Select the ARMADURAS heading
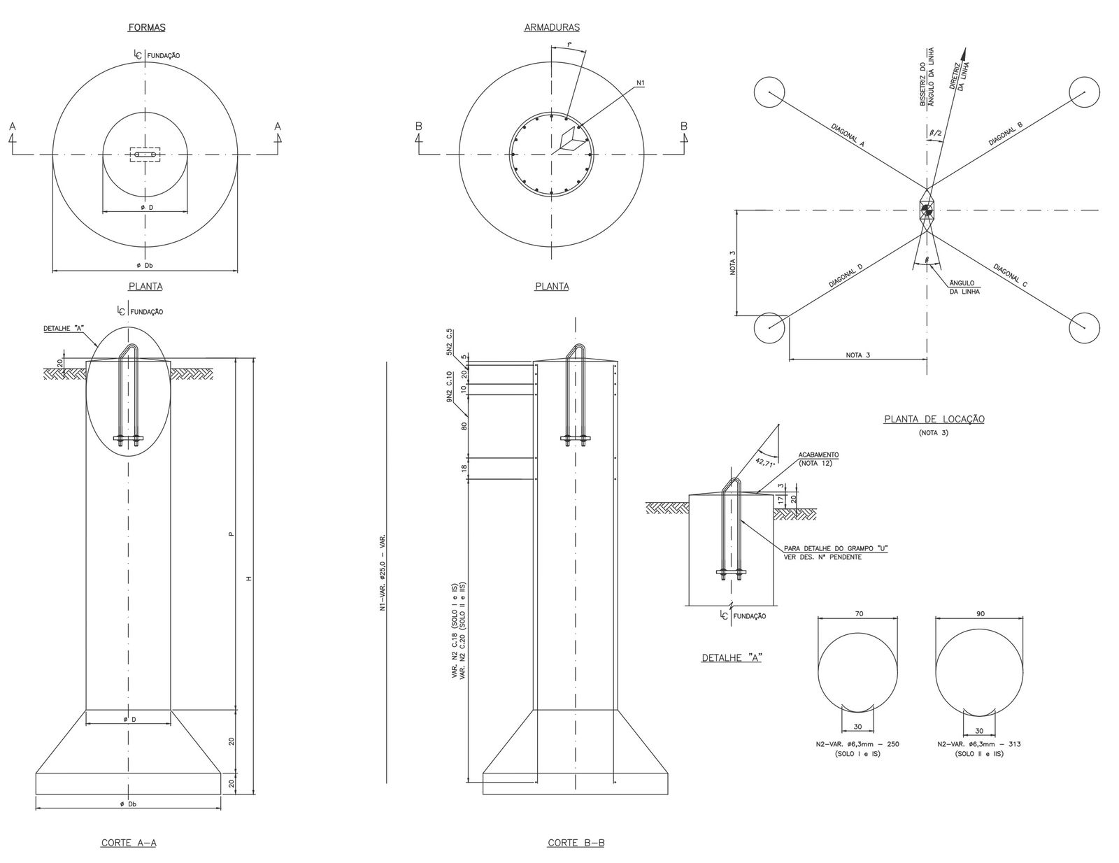[551, 28]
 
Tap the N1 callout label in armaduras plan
[641, 83]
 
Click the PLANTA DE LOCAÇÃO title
[934, 419]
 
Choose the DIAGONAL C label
[1008, 276]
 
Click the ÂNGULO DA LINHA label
[963, 287]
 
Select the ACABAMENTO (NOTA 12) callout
[818, 459]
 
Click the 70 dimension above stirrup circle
[860, 613]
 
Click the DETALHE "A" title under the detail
[731, 657]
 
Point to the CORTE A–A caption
[129, 843]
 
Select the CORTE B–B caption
[576, 843]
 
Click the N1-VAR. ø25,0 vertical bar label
[383, 573]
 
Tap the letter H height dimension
[248, 578]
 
